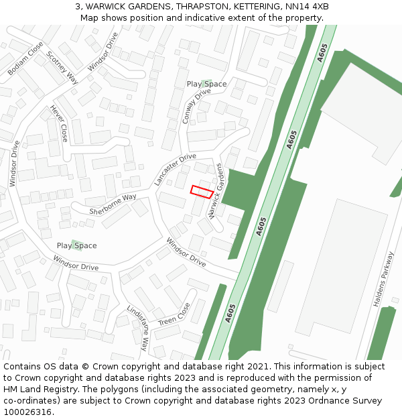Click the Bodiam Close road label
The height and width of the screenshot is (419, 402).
click(x=25, y=58)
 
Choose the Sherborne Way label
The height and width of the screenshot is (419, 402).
click(x=113, y=204)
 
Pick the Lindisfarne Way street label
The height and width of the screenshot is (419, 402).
click(x=137, y=328)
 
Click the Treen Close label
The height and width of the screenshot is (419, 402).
click(x=174, y=314)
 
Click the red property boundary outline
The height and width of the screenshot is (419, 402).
click(x=202, y=191)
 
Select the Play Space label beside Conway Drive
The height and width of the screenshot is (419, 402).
click(x=206, y=84)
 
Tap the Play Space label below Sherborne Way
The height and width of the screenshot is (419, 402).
click(x=76, y=245)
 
